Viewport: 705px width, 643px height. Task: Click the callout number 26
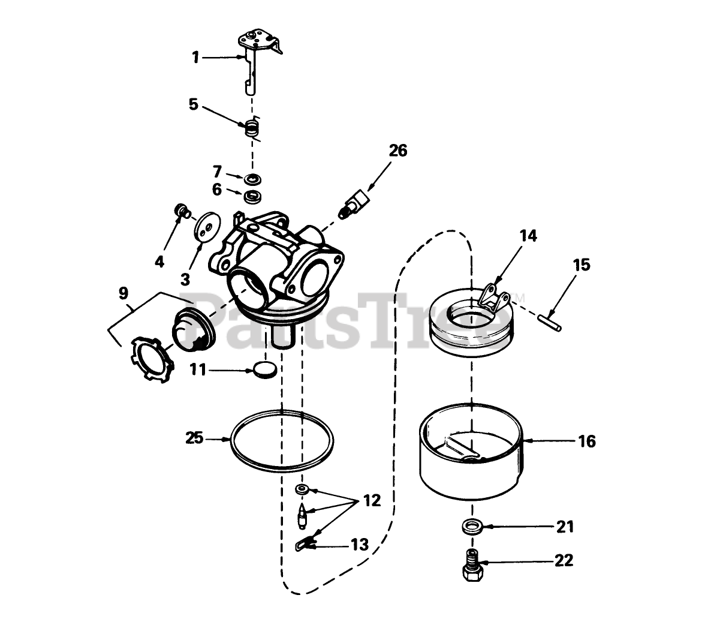tap(397, 151)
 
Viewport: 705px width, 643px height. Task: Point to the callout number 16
tap(587, 441)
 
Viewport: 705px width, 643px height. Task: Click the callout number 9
tap(123, 293)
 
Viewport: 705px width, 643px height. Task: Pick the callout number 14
tap(528, 236)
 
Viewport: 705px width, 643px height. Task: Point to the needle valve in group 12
tap(302, 515)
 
